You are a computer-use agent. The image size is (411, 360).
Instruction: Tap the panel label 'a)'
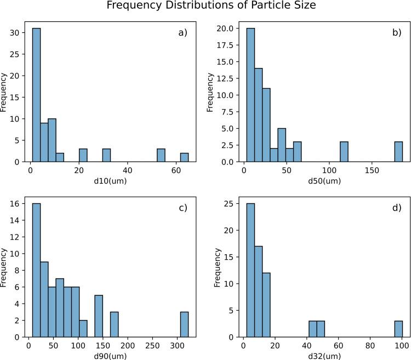pyautogui.click(x=182, y=33)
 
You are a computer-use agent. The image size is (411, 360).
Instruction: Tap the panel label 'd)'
pyautogui.click(x=396, y=208)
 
